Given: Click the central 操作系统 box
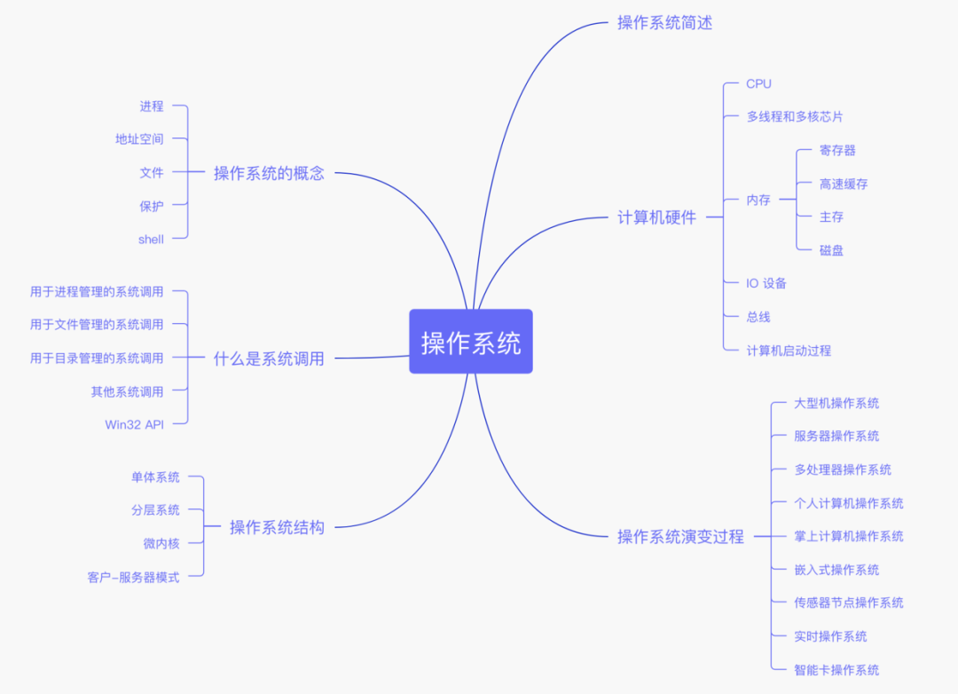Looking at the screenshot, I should coord(471,342).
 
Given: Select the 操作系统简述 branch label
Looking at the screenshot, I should coord(664,23).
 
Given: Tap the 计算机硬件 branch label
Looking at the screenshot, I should coord(656,217).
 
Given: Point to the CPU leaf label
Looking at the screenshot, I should coord(758,83).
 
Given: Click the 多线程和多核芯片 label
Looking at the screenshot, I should coord(795,116).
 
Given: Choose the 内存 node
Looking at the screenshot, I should coord(758,200).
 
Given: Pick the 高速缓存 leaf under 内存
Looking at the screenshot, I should coord(844,184).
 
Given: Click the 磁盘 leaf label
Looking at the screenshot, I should coord(831,250).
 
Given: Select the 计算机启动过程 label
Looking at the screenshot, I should coord(789,351).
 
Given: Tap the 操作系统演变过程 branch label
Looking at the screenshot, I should coord(680,536).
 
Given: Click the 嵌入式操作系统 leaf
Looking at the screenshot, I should coord(836,570).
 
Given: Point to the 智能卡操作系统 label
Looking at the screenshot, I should coord(836,670).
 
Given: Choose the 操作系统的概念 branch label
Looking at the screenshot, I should coord(269,173).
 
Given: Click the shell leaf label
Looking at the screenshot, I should coord(151,239).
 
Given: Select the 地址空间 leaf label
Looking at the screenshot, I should coord(139,138).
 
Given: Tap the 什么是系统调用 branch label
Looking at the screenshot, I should coord(269,359).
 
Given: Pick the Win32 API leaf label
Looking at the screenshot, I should coord(134,424).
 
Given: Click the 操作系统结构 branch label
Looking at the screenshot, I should coord(277,527).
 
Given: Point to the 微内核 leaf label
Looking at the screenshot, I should coord(161,543).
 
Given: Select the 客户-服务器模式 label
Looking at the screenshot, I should coord(133,577).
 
